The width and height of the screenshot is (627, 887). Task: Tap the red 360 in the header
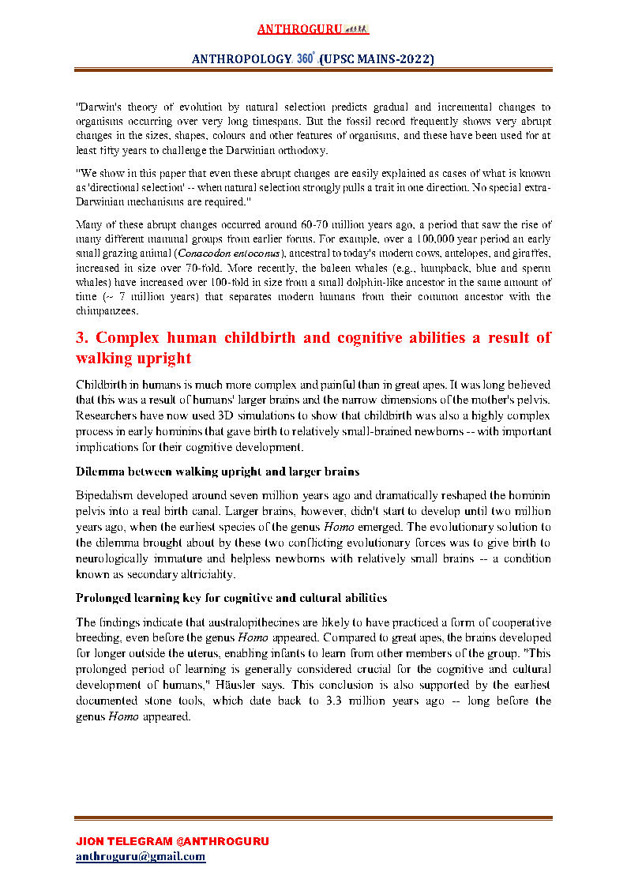[x=306, y=59]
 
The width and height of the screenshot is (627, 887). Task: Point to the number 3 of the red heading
[x=81, y=338]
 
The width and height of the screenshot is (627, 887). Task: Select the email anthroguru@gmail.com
[x=141, y=856]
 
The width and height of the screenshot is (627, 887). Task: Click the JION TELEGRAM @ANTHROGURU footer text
[x=171, y=841]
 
